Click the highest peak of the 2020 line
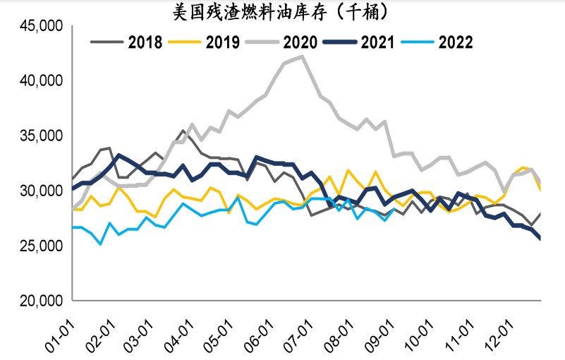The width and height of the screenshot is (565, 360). [303, 56]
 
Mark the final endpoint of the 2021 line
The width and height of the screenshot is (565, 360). [541, 239]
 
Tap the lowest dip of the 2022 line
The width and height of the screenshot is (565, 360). [100, 244]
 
